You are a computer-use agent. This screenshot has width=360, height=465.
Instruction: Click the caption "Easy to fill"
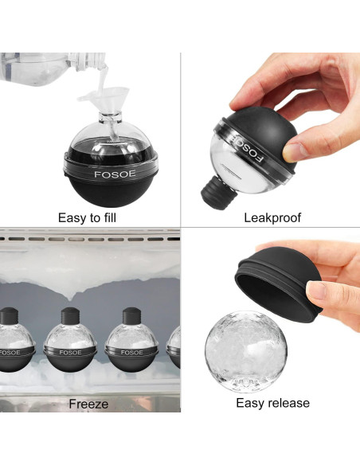tap(87, 218)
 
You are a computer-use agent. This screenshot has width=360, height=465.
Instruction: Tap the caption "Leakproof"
tap(272, 218)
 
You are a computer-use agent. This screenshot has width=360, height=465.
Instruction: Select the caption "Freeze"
tap(88, 404)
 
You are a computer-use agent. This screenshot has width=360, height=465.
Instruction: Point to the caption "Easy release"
tap(273, 403)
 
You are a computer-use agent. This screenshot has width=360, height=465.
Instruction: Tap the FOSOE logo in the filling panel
tap(115, 174)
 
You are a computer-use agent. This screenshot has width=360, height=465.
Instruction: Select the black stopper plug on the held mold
tap(218, 193)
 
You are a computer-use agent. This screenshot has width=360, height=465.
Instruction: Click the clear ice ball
tap(246, 351)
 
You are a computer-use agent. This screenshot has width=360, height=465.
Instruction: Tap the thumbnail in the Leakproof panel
tap(294, 152)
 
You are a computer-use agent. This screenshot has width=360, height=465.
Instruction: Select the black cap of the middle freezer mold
tap(70, 316)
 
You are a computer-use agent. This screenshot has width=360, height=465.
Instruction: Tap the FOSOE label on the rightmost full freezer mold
tap(131, 353)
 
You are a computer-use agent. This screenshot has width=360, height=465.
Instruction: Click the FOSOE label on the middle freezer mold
tap(70, 353)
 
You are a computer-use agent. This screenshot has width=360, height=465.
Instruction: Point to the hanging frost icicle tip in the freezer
tap(70, 299)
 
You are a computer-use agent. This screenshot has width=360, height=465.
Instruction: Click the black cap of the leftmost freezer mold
tap(9, 316)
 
